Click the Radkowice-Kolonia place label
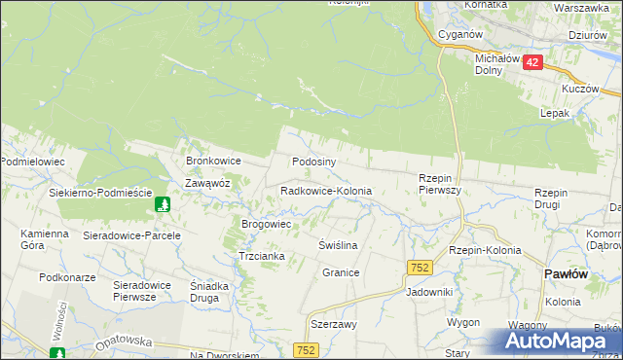tap(325, 191)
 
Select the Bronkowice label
tap(212, 160)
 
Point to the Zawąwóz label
tap(207, 182)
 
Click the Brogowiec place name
tap(267, 224)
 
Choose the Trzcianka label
tap(261, 256)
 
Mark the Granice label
tap(342, 272)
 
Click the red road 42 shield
tap(531, 61)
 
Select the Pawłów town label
tap(566, 274)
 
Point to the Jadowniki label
tap(430, 292)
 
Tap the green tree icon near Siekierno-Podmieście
tap(163, 205)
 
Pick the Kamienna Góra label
tap(45, 239)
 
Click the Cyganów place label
tap(461, 34)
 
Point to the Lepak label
tap(554, 113)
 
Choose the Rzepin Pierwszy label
tap(439, 184)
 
